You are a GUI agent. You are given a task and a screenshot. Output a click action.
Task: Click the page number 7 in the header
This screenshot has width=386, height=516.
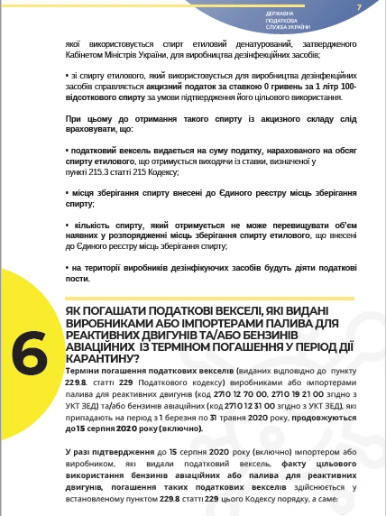pyautogui.click(x=359, y=8)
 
